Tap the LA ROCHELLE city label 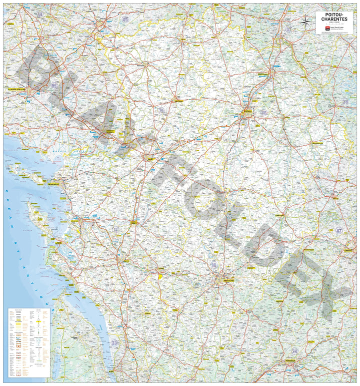pyautogui.click(x=53, y=184)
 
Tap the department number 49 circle pyautogui.click(x=126, y=20)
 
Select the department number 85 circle pyautogui.click(x=54, y=86)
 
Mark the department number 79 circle pyautogui.click(x=161, y=110)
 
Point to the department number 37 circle pyautogui.click(x=288, y=30)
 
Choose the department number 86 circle pyautogui.click(x=263, y=113)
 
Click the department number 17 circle pyautogui.click(x=116, y=229)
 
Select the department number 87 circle pyautogui.click(x=339, y=231)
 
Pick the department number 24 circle pyautogui.click(x=294, y=351)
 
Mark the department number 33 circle pyautogui.click(x=115, y=343)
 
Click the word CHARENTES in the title pyautogui.click(x=334, y=20)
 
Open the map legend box pyautogui.click(x=28, y=342)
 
